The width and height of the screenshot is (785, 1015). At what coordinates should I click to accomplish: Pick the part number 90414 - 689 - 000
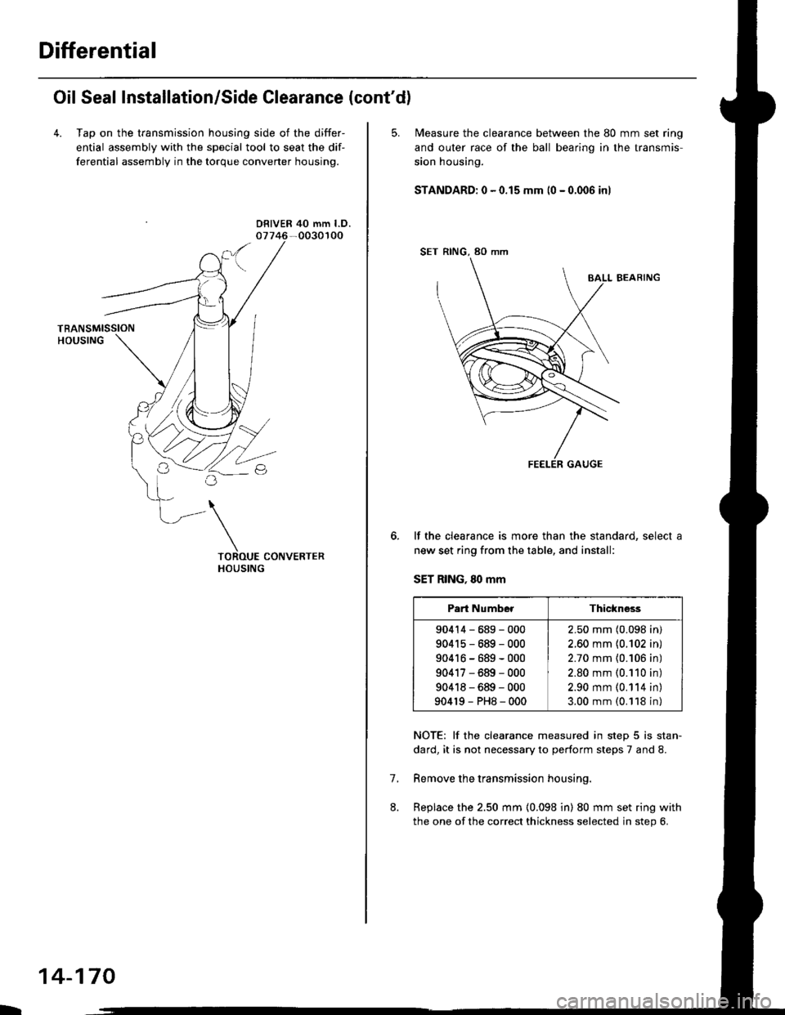[480, 629]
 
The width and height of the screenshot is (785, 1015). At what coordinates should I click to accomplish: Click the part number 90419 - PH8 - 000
[480, 701]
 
